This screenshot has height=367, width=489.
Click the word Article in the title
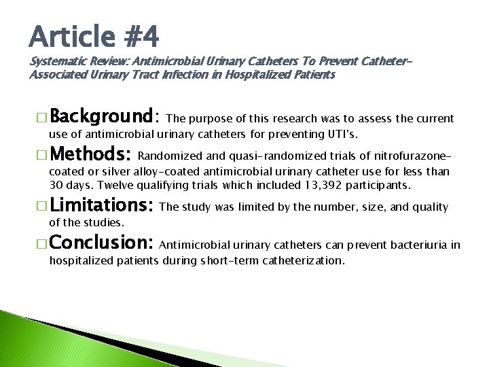pyautogui.click(x=69, y=35)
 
